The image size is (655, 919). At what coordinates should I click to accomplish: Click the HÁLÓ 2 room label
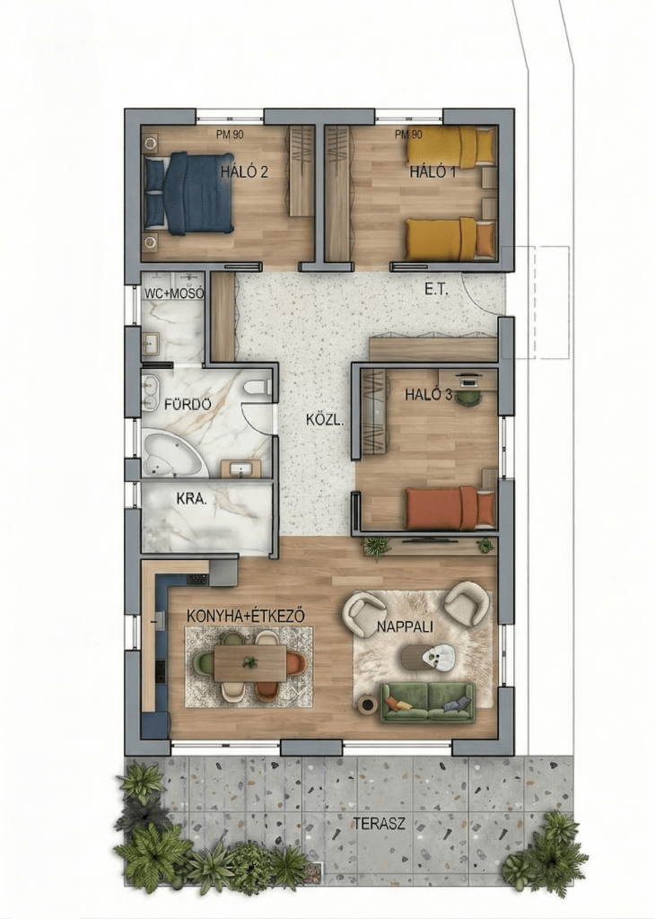coord(244,171)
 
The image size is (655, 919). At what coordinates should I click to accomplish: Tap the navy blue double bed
coord(188,193)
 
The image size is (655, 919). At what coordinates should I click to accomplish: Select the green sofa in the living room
coord(428,702)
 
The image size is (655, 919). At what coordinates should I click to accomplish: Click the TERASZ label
coord(379,824)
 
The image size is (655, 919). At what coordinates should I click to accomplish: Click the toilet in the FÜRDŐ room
coord(257,388)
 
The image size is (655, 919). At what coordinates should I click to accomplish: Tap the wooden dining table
coord(250,663)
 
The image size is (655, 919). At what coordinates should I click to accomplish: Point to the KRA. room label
coord(192,499)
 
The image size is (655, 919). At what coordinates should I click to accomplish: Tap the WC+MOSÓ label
coord(174,293)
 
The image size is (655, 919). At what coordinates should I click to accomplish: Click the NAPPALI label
coord(405,626)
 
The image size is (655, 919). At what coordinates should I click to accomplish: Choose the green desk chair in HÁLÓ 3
coord(468,397)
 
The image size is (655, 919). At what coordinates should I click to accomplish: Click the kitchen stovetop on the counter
coord(197,579)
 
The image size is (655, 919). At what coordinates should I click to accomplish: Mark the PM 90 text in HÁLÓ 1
coord(408,135)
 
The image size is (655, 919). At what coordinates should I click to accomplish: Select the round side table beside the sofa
coord(368,704)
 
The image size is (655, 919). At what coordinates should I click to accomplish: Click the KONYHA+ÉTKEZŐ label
coord(246,616)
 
